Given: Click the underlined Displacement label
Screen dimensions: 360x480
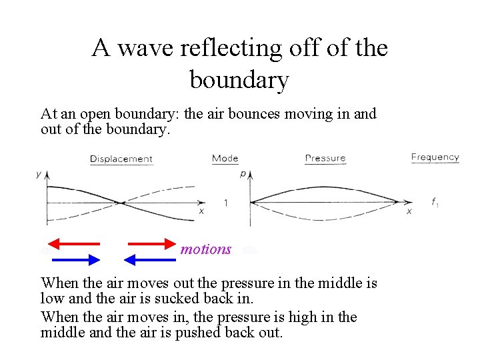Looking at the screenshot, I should click(121, 159).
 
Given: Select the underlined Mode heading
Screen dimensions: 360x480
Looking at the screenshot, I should click(225, 159).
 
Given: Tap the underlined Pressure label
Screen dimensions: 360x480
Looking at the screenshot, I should click(325, 159).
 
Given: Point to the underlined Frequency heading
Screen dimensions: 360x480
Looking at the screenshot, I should click(435, 157).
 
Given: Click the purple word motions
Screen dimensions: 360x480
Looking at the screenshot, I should click(206, 249).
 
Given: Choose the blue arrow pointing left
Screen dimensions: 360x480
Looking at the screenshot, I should click(151, 259).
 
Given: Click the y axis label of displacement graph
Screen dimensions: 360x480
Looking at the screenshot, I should click(38, 174).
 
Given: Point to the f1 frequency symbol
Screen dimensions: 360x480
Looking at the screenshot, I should click(435, 203).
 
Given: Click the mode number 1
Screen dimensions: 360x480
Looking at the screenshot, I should click(225, 203).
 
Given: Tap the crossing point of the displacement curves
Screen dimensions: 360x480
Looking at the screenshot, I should click(119, 203).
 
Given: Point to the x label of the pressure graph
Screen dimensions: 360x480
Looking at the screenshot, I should click(409, 211).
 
